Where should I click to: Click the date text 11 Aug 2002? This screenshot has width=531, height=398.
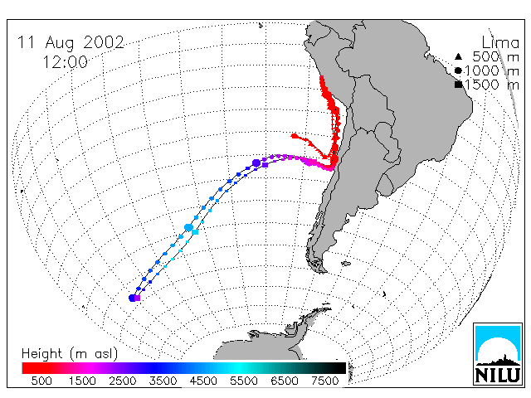click(x=71, y=43)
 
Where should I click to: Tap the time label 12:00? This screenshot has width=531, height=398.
click(x=65, y=62)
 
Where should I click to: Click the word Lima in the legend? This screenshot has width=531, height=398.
click(x=500, y=43)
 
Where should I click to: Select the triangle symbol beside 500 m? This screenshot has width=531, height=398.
click(x=458, y=56)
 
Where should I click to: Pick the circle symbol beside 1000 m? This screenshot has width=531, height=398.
click(x=458, y=70)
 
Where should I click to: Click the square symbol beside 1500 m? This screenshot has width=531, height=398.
click(x=459, y=85)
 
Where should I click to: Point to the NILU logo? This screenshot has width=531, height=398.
click(x=498, y=354)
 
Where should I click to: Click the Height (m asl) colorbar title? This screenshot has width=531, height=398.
click(x=70, y=354)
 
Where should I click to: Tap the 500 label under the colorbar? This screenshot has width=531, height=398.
click(x=41, y=381)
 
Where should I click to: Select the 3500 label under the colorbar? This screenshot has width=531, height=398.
click(x=163, y=381)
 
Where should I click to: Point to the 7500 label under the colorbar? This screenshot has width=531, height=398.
click(x=324, y=381)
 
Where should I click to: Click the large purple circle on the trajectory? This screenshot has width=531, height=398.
click(x=256, y=163)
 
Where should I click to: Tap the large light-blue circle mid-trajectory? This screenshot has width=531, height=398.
click(x=188, y=227)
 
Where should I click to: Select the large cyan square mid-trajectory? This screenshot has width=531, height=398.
click(x=195, y=232)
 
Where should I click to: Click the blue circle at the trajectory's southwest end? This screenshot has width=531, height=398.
click(x=132, y=298)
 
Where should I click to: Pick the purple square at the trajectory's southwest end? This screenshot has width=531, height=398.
click(x=137, y=298)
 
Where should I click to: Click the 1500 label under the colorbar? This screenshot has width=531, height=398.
click(x=82, y=381)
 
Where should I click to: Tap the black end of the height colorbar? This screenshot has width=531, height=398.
click(x=340, y=368)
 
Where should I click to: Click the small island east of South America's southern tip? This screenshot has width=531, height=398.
click(x=346, y=264)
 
